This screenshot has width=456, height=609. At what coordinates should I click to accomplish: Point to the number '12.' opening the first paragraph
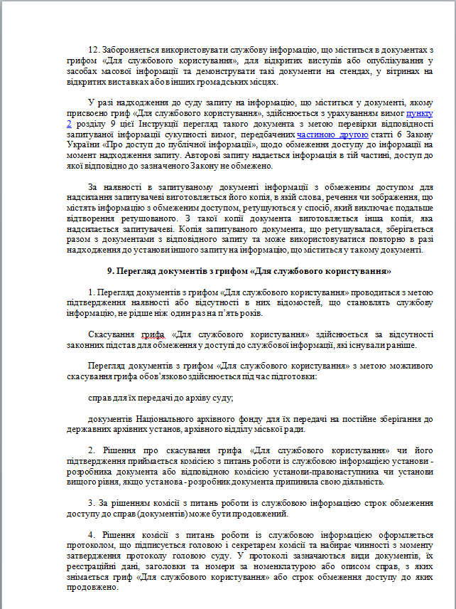[94, 51]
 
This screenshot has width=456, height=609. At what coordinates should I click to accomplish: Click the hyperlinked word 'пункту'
[419, 113]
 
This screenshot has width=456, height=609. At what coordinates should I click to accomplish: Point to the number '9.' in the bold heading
[112, 271]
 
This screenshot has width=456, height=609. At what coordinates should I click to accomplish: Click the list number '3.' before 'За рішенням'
[94, 502]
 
